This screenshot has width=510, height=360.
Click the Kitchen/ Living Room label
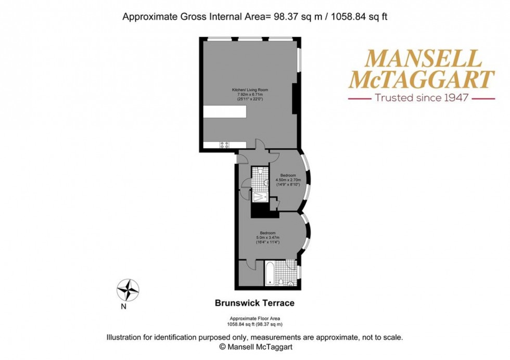[247, 90]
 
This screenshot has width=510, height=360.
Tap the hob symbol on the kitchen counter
[225, 145]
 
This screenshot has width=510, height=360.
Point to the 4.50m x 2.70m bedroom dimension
[288, 180]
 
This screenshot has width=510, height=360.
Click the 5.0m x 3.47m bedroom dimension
[268, 238]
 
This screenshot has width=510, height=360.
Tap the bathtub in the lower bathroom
[269, 275]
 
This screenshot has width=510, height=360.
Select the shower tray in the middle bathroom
[259, 197]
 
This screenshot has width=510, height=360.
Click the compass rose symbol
[127, 289]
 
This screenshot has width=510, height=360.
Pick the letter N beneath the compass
[124, 306]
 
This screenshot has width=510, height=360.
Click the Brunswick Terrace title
[255, 302]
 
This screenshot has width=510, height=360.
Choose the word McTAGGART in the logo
[422, 80]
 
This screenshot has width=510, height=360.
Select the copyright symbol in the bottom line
[223, 346]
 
